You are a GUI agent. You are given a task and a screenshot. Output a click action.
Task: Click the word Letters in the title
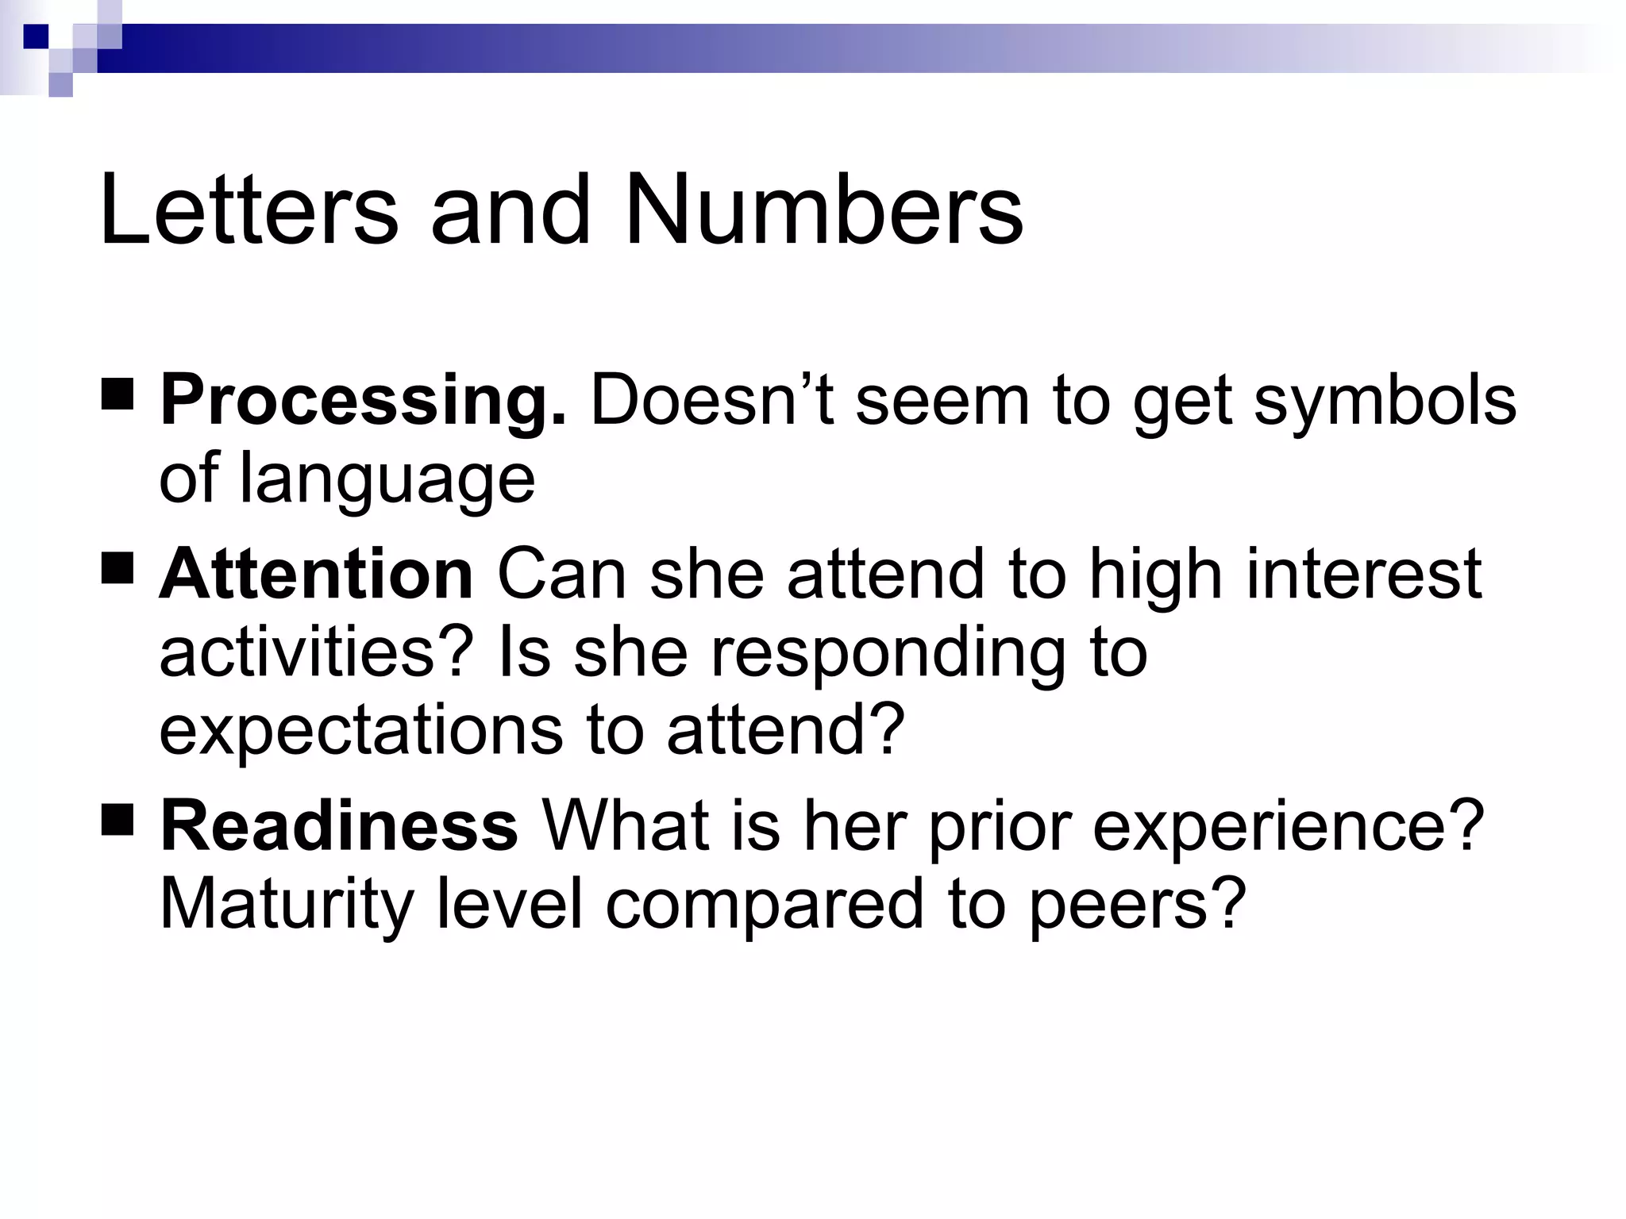tap(249, 210)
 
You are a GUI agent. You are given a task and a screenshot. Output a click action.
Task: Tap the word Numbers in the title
tap(823, 210)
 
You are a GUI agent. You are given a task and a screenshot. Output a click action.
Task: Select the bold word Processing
tap(364, 402)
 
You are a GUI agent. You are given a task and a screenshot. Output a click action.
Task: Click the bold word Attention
tap(317, 574)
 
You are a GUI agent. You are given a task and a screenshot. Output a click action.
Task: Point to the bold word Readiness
tap(339, 826)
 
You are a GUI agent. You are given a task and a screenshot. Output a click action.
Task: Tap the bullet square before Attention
tap(118, 567)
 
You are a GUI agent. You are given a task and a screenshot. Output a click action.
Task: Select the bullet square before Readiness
tap(118, 820)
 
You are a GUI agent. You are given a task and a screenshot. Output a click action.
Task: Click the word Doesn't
tap(711, 402)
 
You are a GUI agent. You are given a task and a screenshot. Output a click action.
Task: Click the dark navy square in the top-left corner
tap(37, 37)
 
